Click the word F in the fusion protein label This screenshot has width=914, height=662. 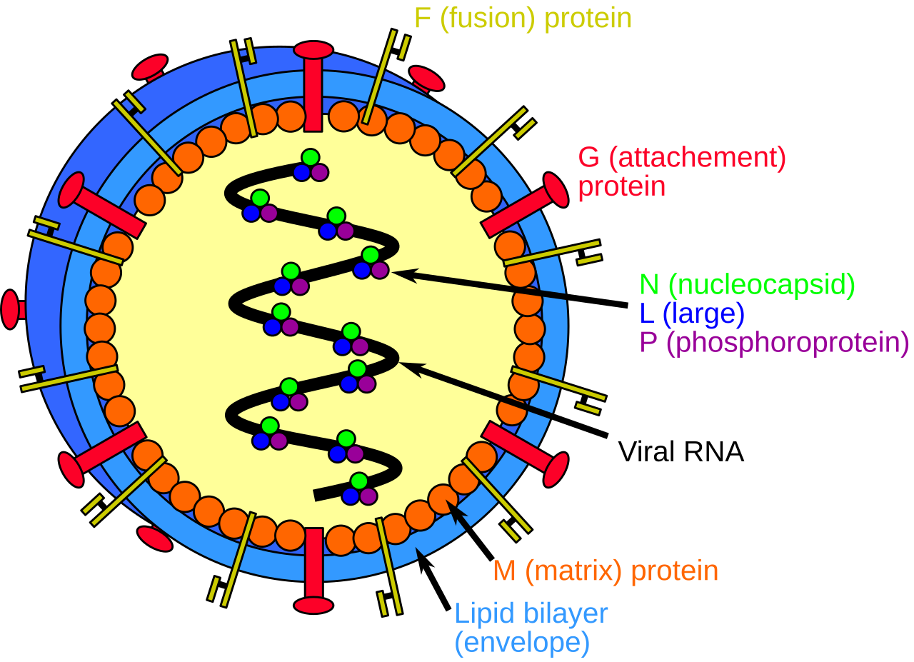click(x=423, y=19)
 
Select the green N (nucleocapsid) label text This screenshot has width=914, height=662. click(x=748, y=284)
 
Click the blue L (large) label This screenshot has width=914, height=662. click(x=693, y=314)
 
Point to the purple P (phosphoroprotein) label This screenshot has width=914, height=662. click(x=775, y=343)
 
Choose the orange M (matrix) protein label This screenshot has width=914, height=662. click(x=606, y=571)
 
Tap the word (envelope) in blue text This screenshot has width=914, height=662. click(x=522, y=643)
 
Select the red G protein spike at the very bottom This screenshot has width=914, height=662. click(x=313, y=571)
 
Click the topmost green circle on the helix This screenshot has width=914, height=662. click(x=310, y=157)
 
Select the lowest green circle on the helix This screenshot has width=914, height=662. click(x=359, y=481)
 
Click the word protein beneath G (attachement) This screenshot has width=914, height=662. click(x=621, y=187)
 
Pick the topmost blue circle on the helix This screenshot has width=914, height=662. click(x=302, y=172)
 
